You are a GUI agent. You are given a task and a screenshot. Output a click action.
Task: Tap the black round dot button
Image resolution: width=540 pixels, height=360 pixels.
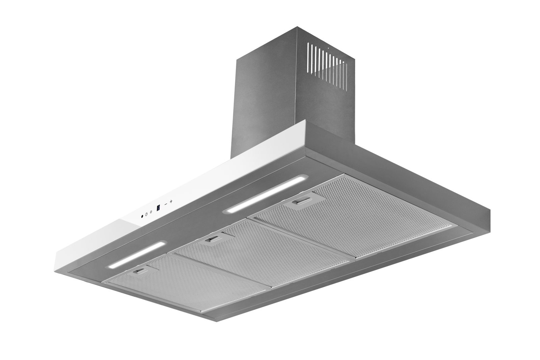[x=142, y=216]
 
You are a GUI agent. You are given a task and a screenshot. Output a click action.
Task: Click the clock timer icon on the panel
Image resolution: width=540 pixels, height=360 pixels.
[x=146, y=214]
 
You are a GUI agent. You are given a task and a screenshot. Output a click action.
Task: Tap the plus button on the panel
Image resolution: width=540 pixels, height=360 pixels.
[x=171, y=201]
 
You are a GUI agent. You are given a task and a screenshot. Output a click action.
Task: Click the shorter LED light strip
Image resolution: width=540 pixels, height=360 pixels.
[x=136, y=255]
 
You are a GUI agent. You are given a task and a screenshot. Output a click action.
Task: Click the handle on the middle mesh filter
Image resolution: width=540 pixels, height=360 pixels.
[x=212, y=239]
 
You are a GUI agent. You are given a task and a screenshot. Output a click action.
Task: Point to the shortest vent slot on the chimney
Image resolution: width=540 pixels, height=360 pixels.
[x=346, y=77]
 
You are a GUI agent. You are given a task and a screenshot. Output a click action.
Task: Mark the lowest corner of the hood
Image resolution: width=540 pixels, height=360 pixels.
[x=216, y=320]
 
